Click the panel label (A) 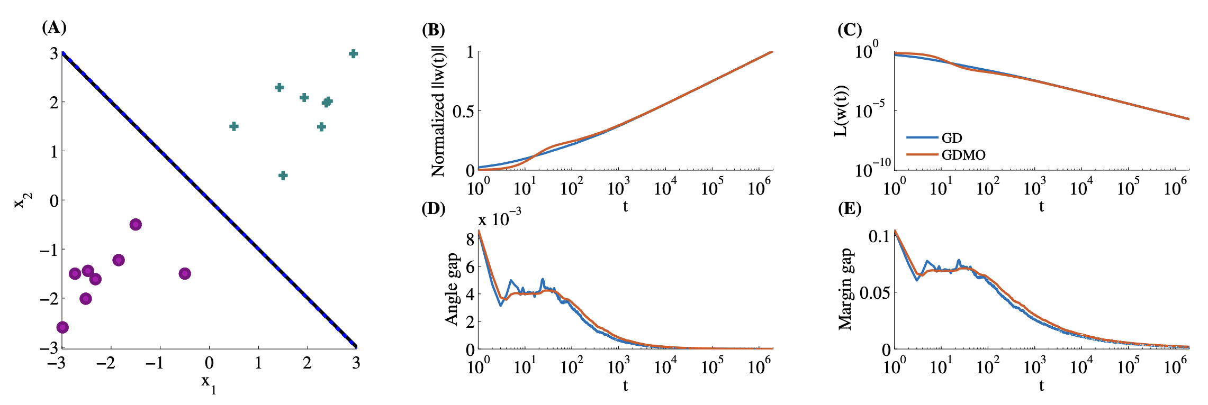[x=54, y=27]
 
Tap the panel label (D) [x=433, y=208]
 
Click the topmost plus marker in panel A [x=354, y=53]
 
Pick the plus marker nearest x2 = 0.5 [x=283, y=175]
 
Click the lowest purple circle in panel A [x=62, y=327]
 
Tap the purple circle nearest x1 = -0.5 [x=185, y=273]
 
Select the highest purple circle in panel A [x=136, y=224]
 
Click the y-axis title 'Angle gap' [x=452, y=289]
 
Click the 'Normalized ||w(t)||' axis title [x=438, y=111]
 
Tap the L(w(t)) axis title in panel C [x=841, y=111]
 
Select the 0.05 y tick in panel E [x=873, y=292]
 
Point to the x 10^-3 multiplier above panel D [x=499, y=217]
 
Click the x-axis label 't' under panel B [x=625, y=206]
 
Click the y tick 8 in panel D [x=470, y=239]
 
